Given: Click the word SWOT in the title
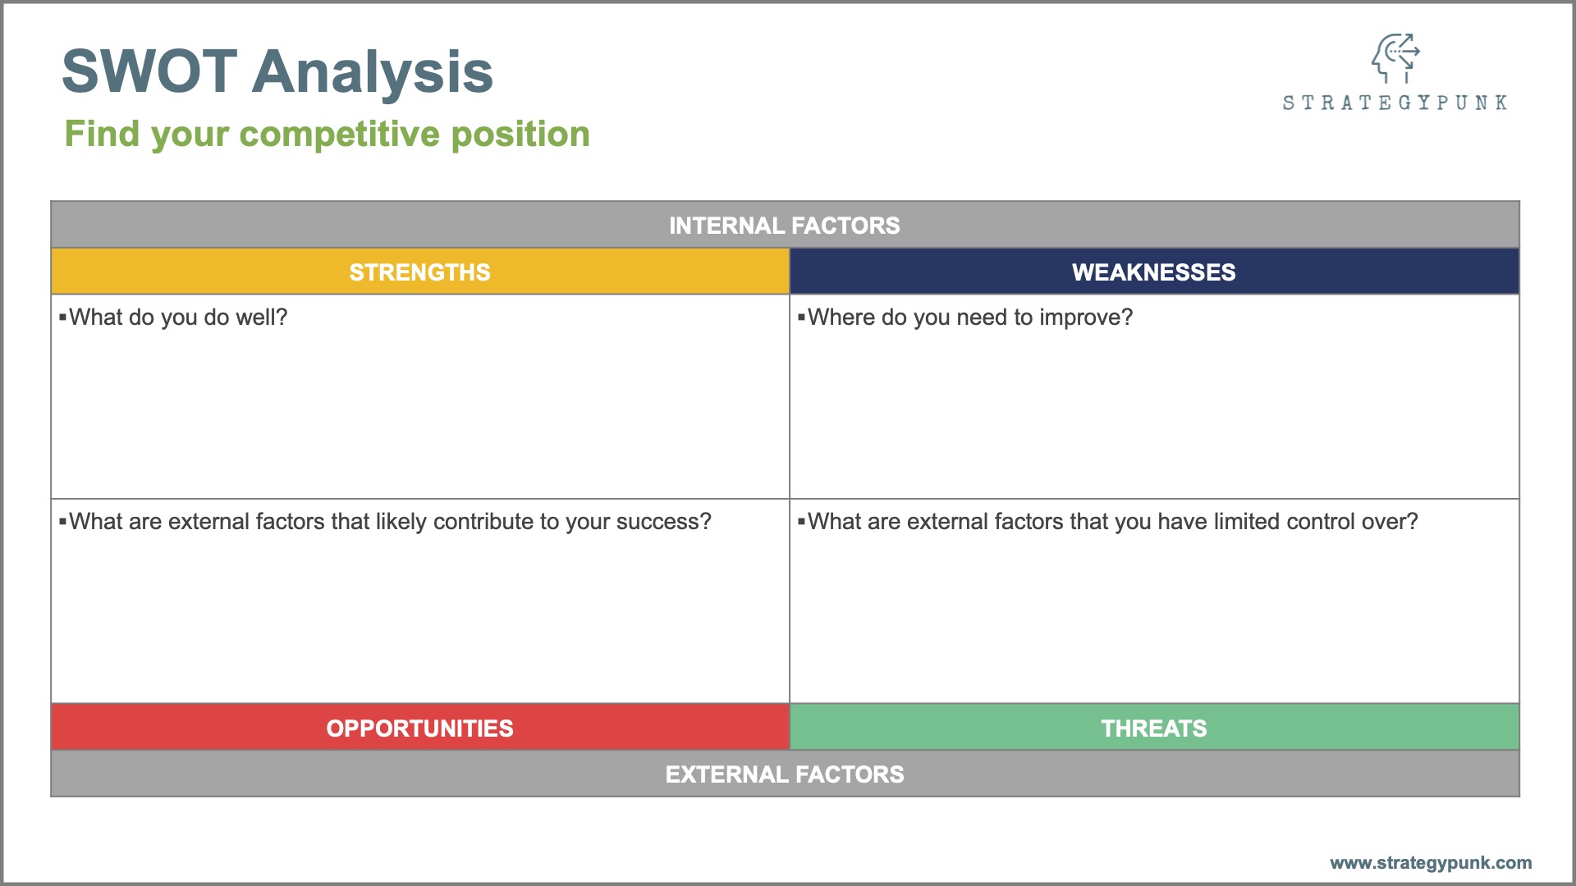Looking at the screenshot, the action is (150, 71).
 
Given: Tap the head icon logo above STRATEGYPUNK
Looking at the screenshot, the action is (1395, 57).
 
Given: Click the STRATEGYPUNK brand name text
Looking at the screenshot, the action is (1395, 103).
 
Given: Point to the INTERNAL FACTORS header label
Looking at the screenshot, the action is (785, 226).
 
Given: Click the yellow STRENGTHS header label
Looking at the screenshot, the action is (420, 272).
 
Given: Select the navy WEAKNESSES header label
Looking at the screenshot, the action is (1154, 272).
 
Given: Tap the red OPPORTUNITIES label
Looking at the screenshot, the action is (420, 728).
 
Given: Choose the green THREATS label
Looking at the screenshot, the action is (1154, 728).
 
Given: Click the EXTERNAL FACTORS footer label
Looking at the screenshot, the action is (785, 774).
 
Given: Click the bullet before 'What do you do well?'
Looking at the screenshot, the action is (62, 317).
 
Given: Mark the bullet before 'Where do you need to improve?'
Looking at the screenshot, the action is (801, 317).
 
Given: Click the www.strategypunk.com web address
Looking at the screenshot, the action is (1431, 863).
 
